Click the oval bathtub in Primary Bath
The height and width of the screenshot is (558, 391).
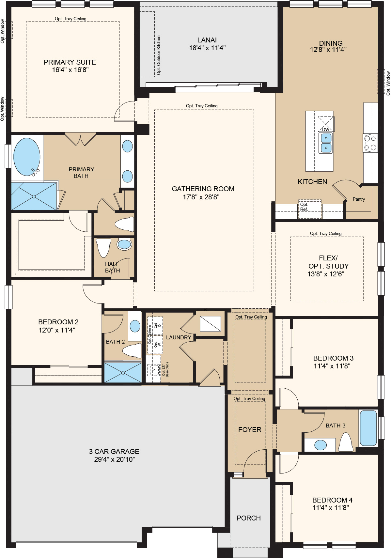point(27,157)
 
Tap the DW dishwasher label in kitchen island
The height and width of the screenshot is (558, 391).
point(325,130)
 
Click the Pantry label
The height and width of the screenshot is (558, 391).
point(358,199)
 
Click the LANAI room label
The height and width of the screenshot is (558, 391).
point(207,40)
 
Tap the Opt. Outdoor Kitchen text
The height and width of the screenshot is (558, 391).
point(159,55)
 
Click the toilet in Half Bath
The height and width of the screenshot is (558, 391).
point(104,247)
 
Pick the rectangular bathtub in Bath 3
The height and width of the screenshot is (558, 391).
point(368,428)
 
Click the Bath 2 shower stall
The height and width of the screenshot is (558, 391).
point(123,372)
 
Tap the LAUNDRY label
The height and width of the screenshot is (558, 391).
point(179,337)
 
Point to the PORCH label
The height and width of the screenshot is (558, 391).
point(248,518)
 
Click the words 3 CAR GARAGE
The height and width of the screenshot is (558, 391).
point(114,451)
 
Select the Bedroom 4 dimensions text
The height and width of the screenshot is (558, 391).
point(330,507)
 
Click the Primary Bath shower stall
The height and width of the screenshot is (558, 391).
point(34,196)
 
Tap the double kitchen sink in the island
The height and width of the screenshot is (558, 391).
point(326,143)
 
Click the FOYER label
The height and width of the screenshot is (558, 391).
point(250,429)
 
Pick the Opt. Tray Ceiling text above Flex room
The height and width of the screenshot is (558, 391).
point(325,233)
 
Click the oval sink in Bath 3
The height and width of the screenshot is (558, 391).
point(320,445)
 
